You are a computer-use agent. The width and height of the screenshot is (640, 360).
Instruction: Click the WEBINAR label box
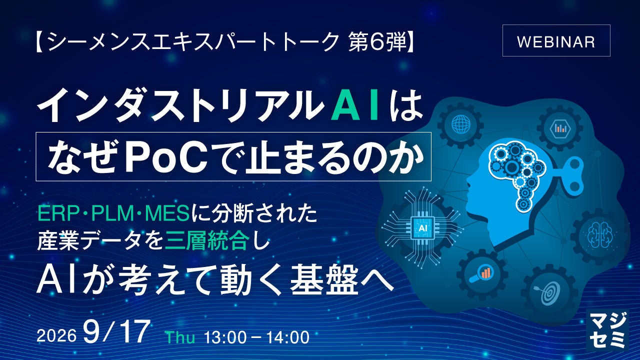tap(556, 40)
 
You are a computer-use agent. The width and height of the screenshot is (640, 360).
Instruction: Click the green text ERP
tap(57, 214)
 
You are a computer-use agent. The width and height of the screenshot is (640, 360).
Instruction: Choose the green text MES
tap(167, 214)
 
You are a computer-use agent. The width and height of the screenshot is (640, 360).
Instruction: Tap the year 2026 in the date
tap(56, 336)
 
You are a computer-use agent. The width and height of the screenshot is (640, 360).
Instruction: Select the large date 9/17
tap(116, 331)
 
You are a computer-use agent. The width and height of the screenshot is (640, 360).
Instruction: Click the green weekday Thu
tap(180, 337)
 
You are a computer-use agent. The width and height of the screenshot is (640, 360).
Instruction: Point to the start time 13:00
tap(225, 337)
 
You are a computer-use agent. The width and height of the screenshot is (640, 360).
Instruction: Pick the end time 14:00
tap(288, 337)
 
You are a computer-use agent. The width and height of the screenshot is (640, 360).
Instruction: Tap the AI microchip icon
tap(422, 227)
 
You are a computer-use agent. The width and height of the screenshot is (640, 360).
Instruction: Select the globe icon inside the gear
tap(461, 124)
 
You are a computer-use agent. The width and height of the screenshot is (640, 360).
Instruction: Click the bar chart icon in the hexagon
tap(560, 128)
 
